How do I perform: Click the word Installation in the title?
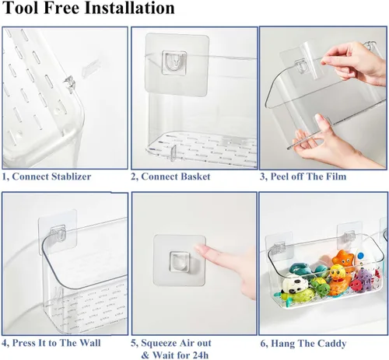coord(129,8)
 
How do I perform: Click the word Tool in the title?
coord(20,8)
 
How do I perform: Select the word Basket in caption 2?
coord(195,177)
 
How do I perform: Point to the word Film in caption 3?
coord(336,177)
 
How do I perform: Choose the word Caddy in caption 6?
coord(332,344)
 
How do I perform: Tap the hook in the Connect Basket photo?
coord(174,62)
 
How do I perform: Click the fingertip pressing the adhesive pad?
coord(199,247)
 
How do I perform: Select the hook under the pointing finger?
coord(180,261)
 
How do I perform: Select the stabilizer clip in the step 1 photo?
coord(69,83)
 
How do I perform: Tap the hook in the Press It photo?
coord(58,232)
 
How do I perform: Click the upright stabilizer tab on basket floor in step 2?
coord(173,153)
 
